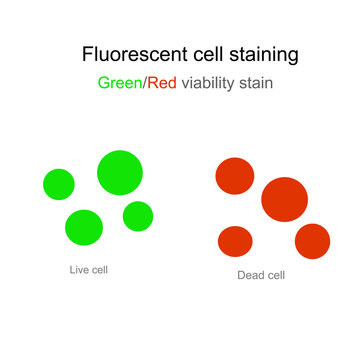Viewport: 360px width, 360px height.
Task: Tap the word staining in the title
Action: coord(262,53)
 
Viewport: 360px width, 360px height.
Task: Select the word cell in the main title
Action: coord(200,53)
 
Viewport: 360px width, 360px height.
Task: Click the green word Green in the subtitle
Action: coord(120,84)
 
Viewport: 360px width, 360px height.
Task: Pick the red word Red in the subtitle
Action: coord(161,84)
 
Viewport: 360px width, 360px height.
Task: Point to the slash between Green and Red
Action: coord(144,84)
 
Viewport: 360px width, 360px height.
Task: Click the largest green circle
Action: coord(119,172)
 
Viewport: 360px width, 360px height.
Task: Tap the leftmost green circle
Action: coord(59,184)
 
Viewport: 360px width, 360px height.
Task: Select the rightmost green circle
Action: coord(138,216)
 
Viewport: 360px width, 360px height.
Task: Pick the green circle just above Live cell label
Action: coord(84,228)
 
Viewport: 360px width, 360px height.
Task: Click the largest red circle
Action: coord(284,199)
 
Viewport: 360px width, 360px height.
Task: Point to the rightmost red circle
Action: coord(313,241)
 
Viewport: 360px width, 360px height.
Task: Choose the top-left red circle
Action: coord(235,176)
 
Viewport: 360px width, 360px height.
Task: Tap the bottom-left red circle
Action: coord(235,241)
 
